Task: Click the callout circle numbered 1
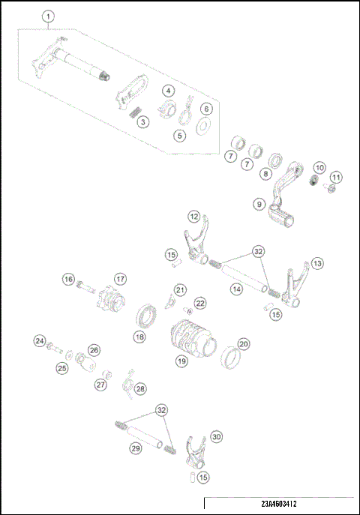[49, 16]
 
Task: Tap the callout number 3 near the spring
[143, 121]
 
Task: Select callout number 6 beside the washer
[206, 108]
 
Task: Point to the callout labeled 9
[259, 203]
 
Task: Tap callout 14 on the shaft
[237, 288]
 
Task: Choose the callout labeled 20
[243, 344]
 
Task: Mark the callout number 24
[39, 341]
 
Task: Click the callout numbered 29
[135, 448]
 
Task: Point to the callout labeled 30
[217, 436]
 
